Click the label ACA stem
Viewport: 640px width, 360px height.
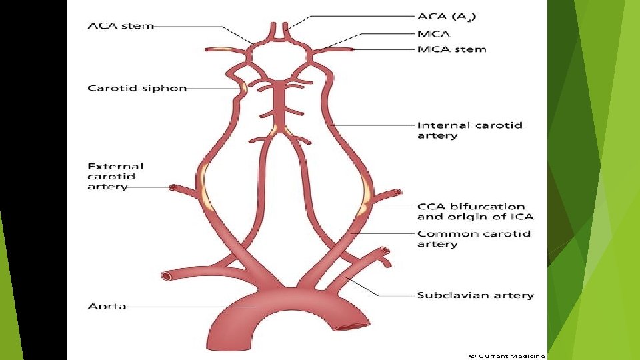[x=120, y=26]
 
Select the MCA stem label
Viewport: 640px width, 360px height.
[x=451, y=49]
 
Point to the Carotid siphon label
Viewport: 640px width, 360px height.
[x=137, y=88]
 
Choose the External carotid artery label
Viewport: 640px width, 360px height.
[x=115, y=176]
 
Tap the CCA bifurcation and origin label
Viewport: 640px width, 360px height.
[x=475, y=212]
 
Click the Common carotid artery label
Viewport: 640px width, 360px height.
[x=473, y=239]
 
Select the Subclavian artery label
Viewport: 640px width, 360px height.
[x=475, y=295]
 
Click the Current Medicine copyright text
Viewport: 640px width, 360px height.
[x=507, y=355]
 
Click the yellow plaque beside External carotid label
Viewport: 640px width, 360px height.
[x=203, y=187]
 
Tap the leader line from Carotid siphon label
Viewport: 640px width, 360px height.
[x=213, y=89]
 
